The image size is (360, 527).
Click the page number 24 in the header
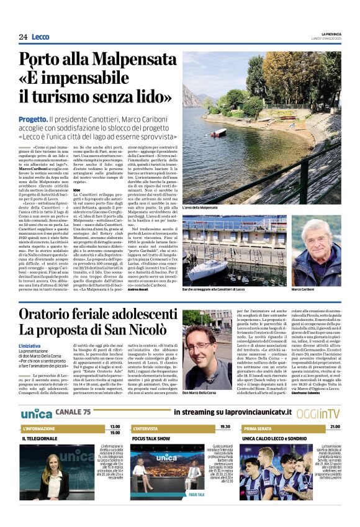tap(23, 37)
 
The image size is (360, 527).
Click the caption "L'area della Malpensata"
tap(200, 207)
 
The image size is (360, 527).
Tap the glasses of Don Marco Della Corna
tap(200, 345)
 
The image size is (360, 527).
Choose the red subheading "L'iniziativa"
tap(29, 345)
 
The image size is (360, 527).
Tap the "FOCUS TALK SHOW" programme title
tap(151, 438)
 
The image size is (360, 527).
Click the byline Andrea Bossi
tap(137, 290)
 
